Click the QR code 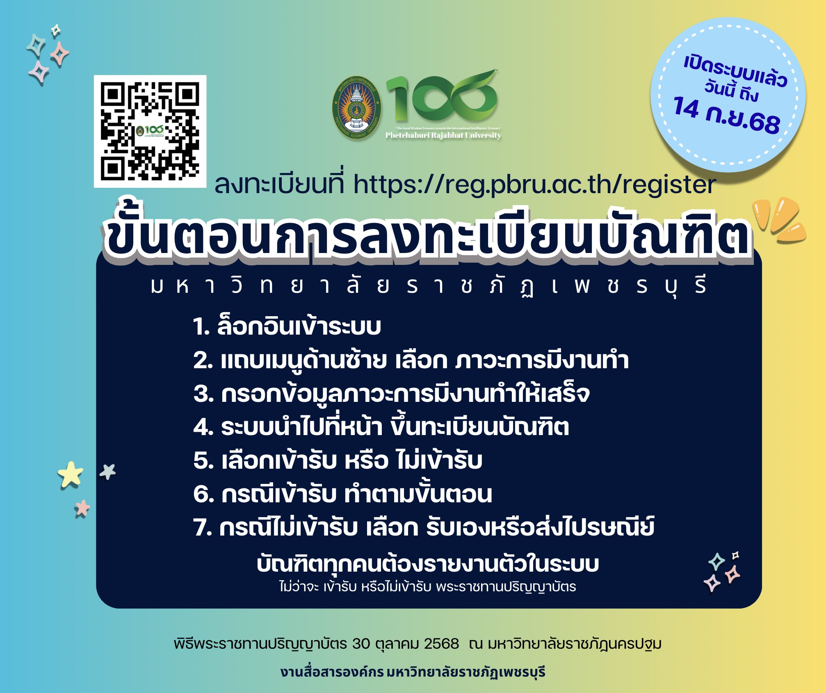tap(150, 131)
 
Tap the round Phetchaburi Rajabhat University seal tap(356, 108)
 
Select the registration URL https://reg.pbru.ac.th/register tap(535, 185)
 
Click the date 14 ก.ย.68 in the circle tap(726, 115)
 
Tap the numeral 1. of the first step tap(201, 327)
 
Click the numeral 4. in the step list tap(203, 427)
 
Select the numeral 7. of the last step tap(203, 527)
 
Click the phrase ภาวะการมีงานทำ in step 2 tap(542, 360)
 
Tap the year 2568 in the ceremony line tap(441, 644)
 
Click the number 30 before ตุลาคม tap(361, 644)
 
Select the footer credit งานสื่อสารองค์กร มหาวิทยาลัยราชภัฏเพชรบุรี tap(413, 672)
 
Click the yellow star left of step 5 tap(71, 475)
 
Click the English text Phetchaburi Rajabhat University tap(443, 135)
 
